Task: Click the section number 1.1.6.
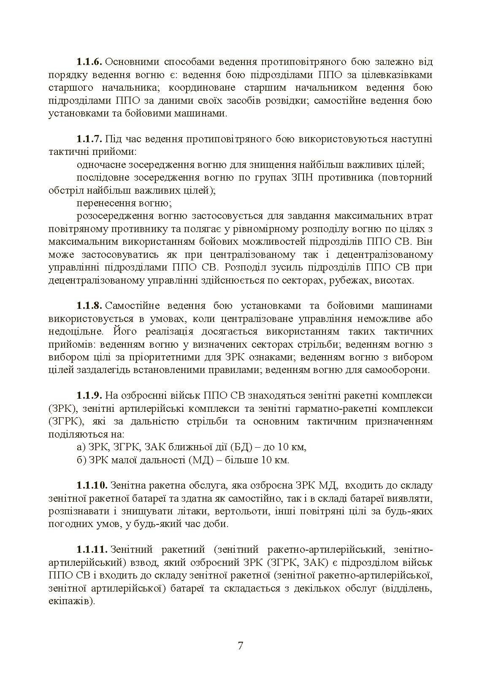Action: click(89, 62)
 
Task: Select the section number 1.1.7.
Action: click(89, 139)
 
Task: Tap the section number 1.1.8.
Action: click(89, 305)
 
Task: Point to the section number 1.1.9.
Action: click(89, 395)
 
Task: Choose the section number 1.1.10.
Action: click(92, 486)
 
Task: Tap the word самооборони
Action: click(401, 370)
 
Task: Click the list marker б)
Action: click(81, 460)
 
